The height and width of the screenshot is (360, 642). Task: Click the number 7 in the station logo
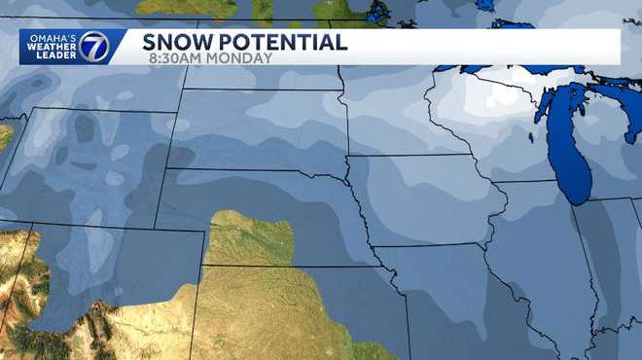[94, 47]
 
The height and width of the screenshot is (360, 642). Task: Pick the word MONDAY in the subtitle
[243, 58]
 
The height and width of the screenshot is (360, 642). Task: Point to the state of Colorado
[117, 292]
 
